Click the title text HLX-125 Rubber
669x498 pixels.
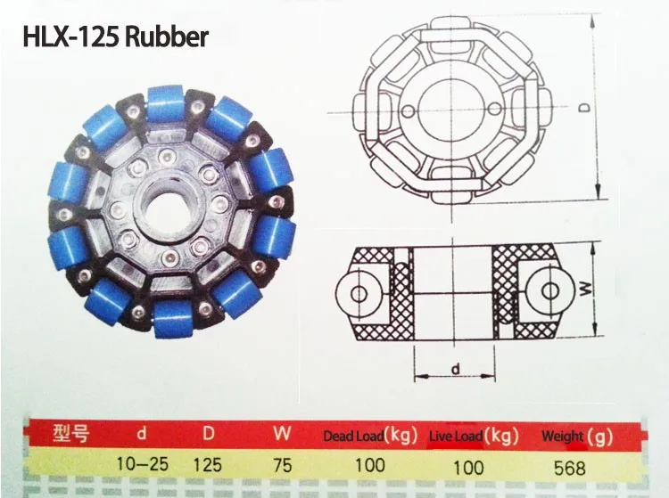(115, 37)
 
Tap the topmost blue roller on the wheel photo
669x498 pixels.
(166, 103)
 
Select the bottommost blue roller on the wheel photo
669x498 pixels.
(173, 319)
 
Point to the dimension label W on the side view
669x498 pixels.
(587, 290)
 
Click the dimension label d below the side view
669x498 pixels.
(456, 369)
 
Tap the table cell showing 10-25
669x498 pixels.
(143, 464)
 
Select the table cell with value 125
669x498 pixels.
(207, 465)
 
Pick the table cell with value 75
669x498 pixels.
(283, 466)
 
